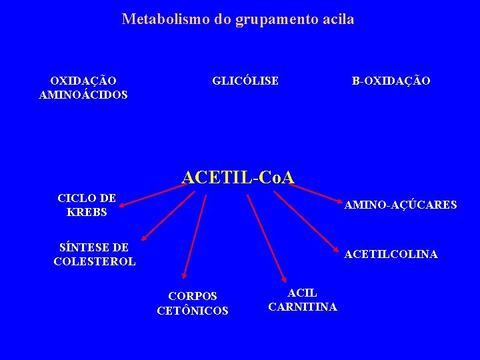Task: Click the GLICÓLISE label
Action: tap(245, 81)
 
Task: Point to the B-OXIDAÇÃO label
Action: tap(391, 81)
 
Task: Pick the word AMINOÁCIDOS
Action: tap(83, 95)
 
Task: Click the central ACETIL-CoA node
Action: tap(238, 177)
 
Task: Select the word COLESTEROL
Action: tap(95, 261)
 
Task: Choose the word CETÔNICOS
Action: tap(193, 311)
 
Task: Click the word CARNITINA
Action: tap(303, 307)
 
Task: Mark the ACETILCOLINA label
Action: tap(391, 255)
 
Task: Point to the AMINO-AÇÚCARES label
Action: tap(400, 205)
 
